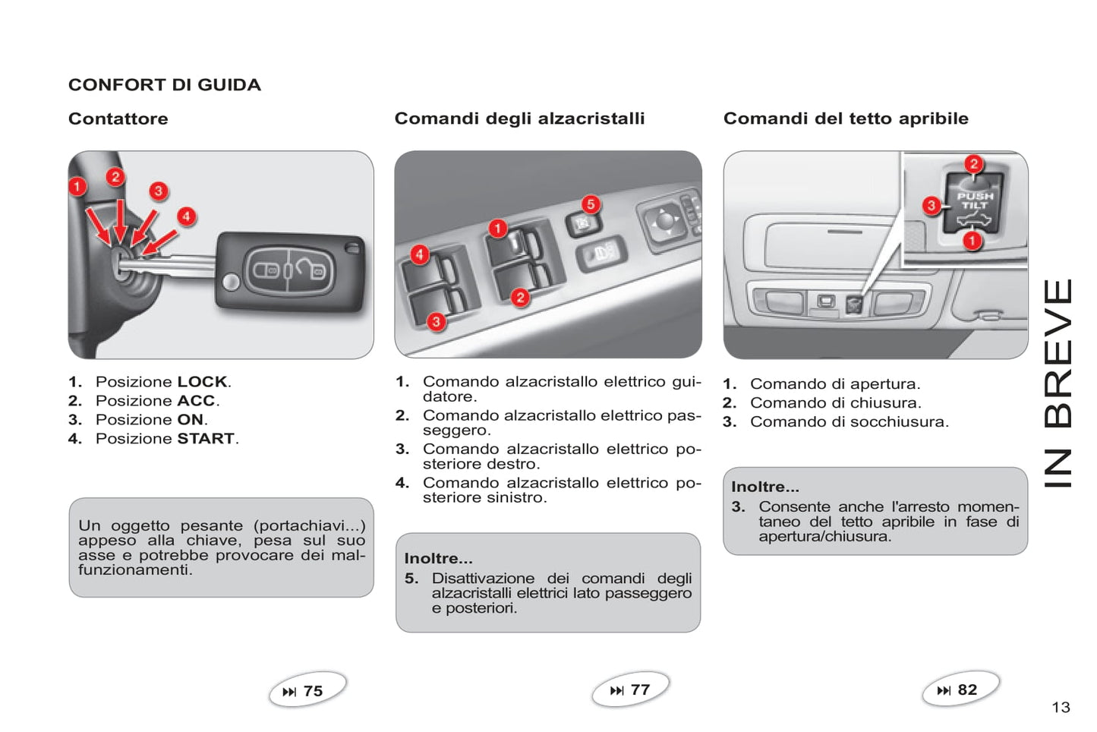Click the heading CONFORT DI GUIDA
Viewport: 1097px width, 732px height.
coord(165,85)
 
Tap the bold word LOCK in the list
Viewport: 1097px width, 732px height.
coord(202,382)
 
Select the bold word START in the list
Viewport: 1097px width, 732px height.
coord(206,438)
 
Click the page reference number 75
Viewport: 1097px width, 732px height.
coord(313,691)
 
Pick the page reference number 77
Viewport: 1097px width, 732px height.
coord(640,689)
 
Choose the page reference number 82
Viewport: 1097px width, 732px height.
coord(967,689)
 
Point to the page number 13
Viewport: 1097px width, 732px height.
coord(1061,708)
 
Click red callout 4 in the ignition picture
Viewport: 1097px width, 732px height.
coord(186,216)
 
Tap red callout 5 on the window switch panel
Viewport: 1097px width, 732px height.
coord(591,204)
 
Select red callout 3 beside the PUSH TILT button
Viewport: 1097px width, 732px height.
coord(932,205)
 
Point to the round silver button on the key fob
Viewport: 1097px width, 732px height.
coord(231,282)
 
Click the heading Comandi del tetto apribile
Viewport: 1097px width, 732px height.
coord(846,118)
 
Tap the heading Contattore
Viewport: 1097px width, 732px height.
coord(118,118)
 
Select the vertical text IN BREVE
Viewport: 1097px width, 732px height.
coord(1058,383)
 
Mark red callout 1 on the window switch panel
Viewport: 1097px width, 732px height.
coord(497,229)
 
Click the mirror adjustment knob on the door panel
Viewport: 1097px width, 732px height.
coord(664,220)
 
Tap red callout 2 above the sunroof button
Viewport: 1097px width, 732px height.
coord(973,164)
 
